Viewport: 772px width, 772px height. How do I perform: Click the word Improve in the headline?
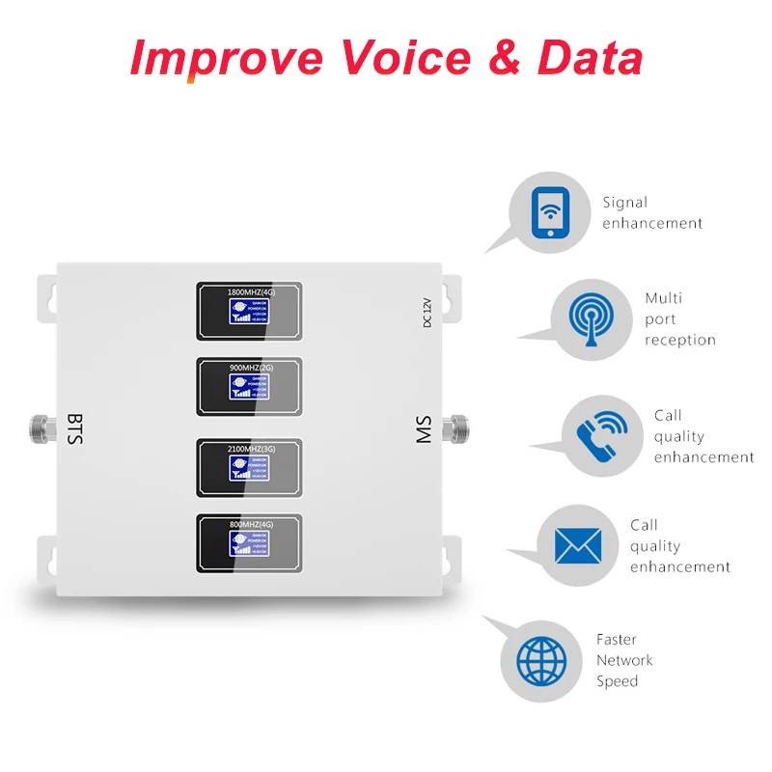point(226,58)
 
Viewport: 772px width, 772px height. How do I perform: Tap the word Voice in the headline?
point(406,58)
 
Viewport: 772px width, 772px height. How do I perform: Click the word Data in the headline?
point(590,58)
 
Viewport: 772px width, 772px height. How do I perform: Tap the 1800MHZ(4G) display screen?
point(249,310)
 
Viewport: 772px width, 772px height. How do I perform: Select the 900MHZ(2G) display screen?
point(249,386)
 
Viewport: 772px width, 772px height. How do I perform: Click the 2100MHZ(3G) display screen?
point(249,467)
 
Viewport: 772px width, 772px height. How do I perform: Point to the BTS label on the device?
point(75,428)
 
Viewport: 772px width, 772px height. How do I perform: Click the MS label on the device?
point(424,429)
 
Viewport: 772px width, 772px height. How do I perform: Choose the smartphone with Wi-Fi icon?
point(549,212)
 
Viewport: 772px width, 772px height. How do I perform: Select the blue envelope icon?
point(577,546)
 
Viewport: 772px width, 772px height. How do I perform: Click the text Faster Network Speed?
point(623,660)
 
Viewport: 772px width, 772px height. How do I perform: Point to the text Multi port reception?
point(679,318)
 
